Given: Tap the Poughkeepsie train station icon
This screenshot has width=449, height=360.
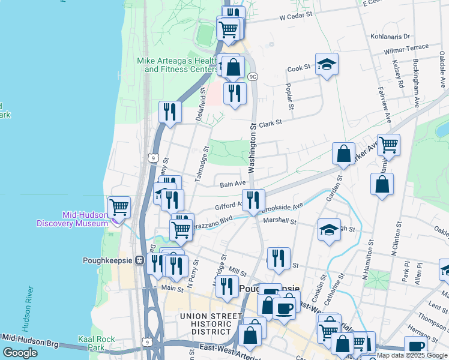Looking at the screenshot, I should [x=139, y=260].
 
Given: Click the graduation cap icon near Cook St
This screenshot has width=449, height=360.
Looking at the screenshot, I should [x=327, y=65].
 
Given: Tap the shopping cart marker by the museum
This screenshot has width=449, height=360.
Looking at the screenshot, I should [x=119, y=207].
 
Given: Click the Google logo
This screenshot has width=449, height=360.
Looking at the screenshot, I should [x=20, y=353].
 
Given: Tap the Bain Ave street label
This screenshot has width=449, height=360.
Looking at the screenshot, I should [x=232, y=184].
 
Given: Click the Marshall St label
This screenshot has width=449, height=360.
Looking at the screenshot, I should [x=280, y=221].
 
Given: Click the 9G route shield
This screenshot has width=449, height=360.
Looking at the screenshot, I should [x=253, y=77].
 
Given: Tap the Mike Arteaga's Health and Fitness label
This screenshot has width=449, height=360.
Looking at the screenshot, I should [x=177, y=65].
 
